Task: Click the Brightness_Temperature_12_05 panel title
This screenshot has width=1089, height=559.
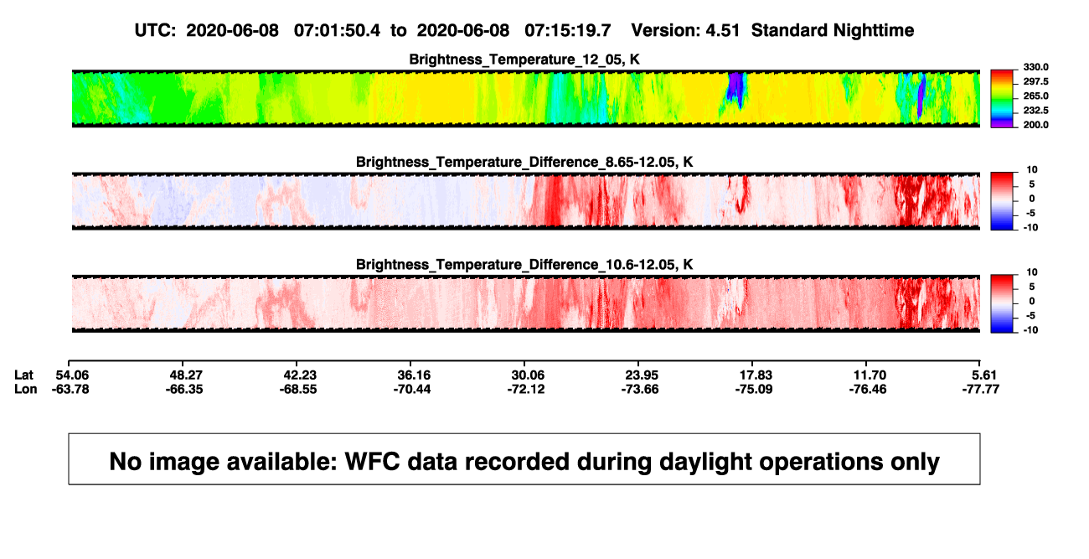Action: coord(524,60)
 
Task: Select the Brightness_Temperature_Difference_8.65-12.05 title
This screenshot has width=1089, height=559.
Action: coord(524,162)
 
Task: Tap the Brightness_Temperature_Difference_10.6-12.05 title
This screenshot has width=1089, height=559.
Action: coord(524,265)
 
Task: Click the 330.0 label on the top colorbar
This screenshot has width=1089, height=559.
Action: coord(1035,67)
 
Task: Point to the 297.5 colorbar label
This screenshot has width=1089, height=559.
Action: coord(1035,81)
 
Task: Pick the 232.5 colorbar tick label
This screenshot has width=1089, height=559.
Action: coord(1035,111)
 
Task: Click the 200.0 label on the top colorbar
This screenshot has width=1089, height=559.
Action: coord(1035,125)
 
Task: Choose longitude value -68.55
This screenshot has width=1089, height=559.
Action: coord(298,389)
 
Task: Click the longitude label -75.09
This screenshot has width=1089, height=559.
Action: coord(754,389)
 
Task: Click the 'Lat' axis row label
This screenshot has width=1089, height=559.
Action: coord(23,375)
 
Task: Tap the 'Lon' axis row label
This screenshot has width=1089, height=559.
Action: coord(26,389)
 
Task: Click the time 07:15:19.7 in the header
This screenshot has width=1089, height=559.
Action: coord(568,31)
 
